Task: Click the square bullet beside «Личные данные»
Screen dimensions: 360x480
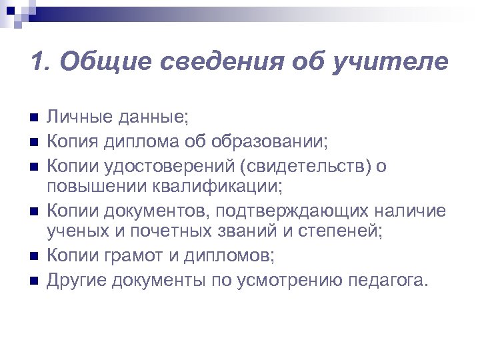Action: click(34, 119)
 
